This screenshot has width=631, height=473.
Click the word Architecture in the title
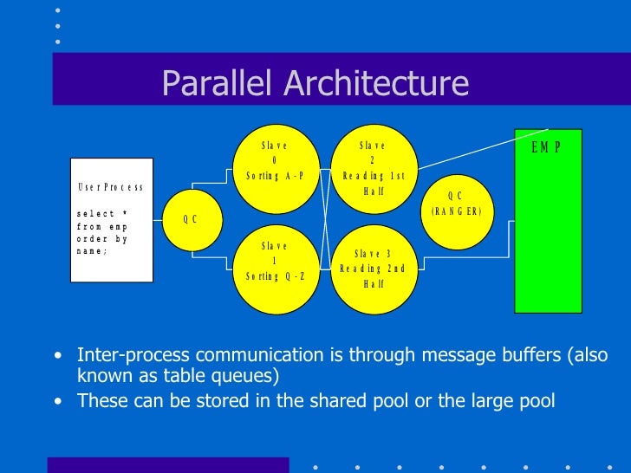(378, 84)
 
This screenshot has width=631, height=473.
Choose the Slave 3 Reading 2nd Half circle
(374, 269)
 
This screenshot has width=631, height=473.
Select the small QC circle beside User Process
(191, 219)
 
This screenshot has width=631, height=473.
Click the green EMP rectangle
(547, 234)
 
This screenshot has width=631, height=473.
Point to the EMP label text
(546, 147)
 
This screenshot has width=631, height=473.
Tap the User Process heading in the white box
(110, 187)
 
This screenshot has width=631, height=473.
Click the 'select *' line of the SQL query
(102, 213)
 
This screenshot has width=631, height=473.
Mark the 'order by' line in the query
(102, 239)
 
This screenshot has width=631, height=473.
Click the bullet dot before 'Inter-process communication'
(57, 356)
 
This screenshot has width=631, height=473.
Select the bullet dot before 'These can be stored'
(57, 401)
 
